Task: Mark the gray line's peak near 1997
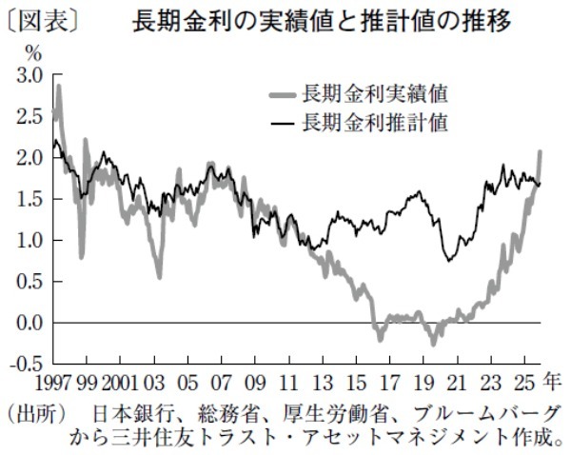coord(59,87)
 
